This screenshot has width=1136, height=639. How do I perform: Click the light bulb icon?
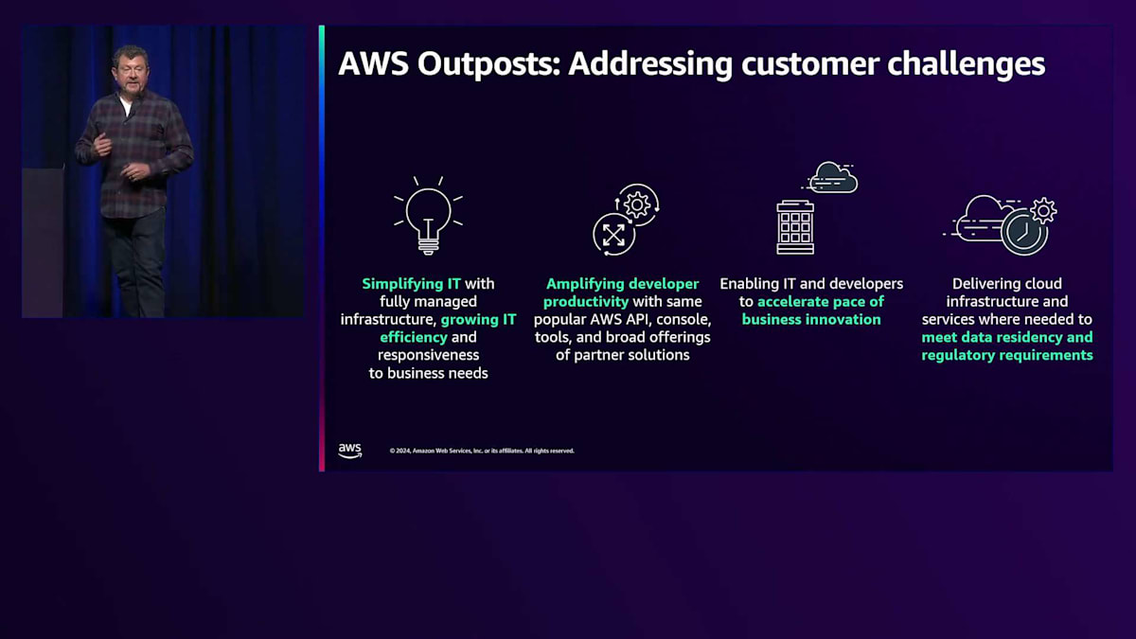(x=428, y=216)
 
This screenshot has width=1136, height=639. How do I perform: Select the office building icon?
(x=795, y=226)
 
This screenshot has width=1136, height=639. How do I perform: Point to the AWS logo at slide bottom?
(x=350, y=451)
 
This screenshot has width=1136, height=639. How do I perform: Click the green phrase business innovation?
(x=811, y=319)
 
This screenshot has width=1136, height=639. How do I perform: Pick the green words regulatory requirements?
(x=1007, y=355)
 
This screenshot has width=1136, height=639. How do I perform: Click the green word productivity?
(x=586, y=301)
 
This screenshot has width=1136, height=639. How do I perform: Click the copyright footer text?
(x=482, y=451)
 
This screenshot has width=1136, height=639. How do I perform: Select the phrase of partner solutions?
(x=622, y=355)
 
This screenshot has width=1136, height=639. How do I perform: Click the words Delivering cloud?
(x=1007, y=283)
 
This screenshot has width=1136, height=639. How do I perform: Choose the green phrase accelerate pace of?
(x=821, y=301)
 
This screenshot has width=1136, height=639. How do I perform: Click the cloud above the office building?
(x=833, y=177)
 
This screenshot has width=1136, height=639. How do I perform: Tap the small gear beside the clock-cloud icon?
(x=1043, y=210)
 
